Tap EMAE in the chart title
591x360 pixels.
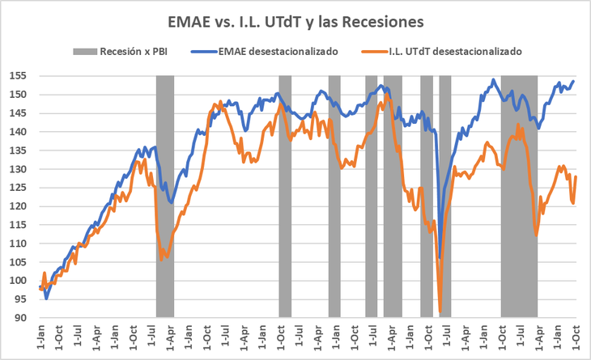[189, 18]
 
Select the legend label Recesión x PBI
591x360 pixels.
[133, 51]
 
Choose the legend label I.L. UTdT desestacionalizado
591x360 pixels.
[449, 51]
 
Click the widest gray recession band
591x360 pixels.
[519, 194]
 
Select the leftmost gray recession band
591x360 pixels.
[165, 194]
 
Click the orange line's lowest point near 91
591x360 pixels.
[440, 312]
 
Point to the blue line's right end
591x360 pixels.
[574, 80]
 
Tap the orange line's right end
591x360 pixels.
[576, 176]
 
